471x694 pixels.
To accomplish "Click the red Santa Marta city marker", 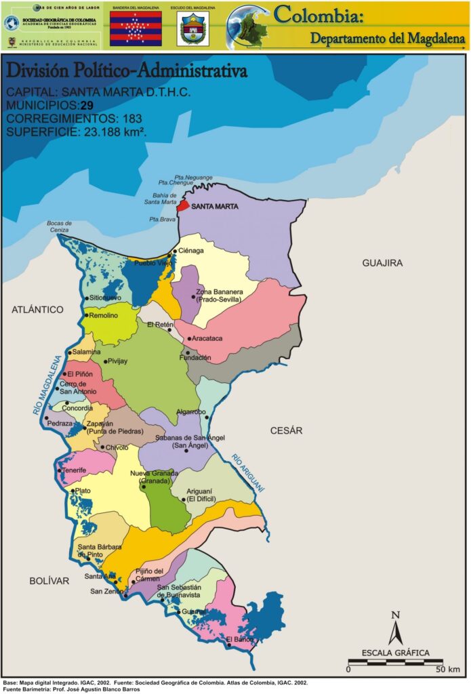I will pos(181,206).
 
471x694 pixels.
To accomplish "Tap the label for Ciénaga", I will pos(191,251).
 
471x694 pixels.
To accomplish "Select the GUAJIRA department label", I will pos(382,263).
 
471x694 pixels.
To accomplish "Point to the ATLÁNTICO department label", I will pos(37,310).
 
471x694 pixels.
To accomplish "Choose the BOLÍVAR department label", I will pos(49,581).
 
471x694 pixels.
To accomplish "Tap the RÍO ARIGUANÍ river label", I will pos(247,472).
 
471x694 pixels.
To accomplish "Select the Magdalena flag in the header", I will pos(136,28).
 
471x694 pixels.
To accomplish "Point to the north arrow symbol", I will pos(395,628).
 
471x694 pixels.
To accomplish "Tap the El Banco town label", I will pos(239,639).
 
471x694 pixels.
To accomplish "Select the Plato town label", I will pos(83,491).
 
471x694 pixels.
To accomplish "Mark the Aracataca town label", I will pos(207,338).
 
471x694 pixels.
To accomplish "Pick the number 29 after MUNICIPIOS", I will pos(87,105).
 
